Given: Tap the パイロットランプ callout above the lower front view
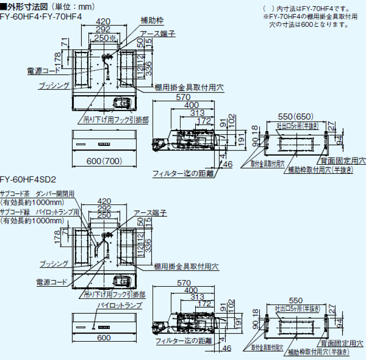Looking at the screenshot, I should [119, 305].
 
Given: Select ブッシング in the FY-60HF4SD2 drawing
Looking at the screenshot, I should [54, 263].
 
